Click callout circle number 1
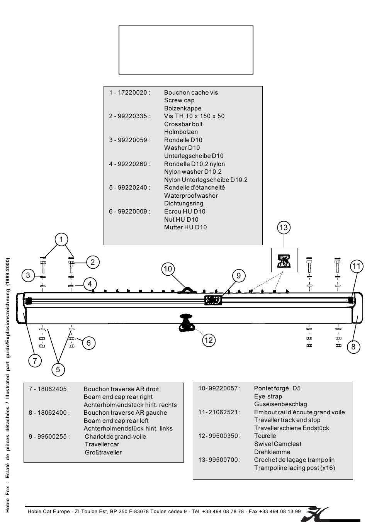61,239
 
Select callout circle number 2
93,262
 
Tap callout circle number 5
58,370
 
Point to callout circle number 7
35,361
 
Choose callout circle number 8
353,347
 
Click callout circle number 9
239,275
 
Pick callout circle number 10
167,269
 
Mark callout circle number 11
356,266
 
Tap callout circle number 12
209,340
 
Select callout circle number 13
284,227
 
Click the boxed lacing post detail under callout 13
284,260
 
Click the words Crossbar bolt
183,124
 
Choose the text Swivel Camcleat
277,444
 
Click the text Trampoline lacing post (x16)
294,468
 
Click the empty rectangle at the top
186,50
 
